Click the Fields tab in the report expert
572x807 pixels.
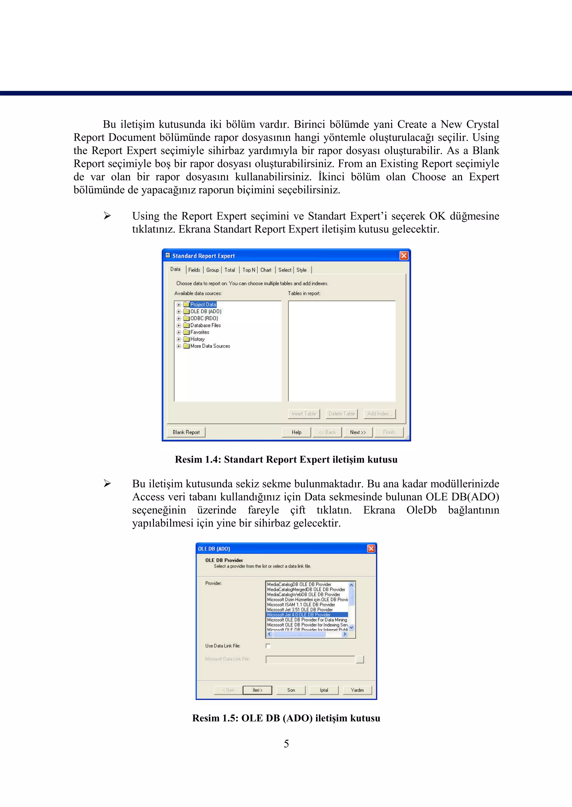pos(194,270)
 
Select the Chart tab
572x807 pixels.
pos(266,270)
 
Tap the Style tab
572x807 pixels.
pos(301,270)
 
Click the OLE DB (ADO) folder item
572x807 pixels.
pos(206,312)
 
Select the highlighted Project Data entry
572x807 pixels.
pos(203,305)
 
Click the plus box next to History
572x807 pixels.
pos(178,340)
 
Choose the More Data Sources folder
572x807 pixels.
pos(210,346)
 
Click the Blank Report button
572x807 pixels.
pos(186,432)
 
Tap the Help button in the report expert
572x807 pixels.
pos(297,432)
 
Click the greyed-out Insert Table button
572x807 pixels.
pos(304,414)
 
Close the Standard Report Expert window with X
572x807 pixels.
pos(404,256)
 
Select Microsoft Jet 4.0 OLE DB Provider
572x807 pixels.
pos(299,615)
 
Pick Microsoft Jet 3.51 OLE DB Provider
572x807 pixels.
pos(300,610)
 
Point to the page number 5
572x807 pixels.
pos(286,744)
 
